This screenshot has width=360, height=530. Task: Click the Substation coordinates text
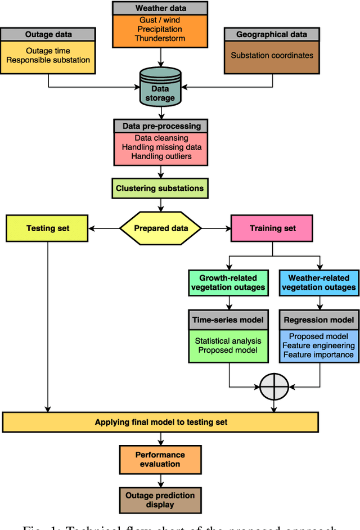coord(272,56)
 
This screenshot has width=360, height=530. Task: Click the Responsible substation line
coord(49,60)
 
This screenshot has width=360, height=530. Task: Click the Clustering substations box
coord(159,188)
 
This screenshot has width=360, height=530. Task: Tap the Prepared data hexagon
coord(160,228)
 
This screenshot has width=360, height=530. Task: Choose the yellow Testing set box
coord(47,228)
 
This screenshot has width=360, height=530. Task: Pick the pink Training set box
coord(273,228)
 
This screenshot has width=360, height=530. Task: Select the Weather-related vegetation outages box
coord(319,282)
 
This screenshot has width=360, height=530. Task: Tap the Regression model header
coord(319,320)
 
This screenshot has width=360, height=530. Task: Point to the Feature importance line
coord(319,354)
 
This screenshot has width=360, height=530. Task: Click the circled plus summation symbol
coord(274,387)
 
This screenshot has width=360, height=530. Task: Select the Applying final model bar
coord(160,422)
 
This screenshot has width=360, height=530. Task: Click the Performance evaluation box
coord(160,459)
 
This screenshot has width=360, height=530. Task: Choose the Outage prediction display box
coord(160,500)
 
